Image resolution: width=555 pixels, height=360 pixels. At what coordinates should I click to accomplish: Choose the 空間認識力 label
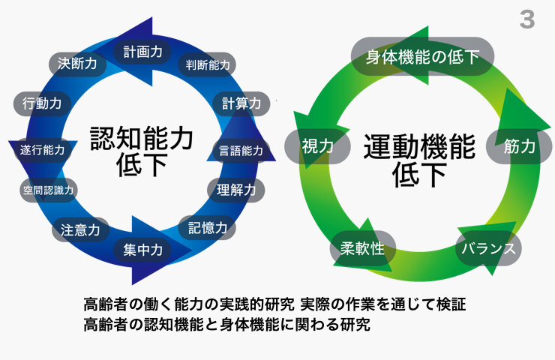tap(48, 190)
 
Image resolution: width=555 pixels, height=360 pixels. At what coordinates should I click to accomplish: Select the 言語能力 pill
tap(241, 150)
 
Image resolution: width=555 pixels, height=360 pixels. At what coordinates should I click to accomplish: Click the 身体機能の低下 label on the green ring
tap(422, 56)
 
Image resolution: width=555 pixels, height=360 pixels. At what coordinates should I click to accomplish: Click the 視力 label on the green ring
tap(317, 146)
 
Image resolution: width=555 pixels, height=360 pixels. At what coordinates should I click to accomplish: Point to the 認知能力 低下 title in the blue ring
tap(142, 151)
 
